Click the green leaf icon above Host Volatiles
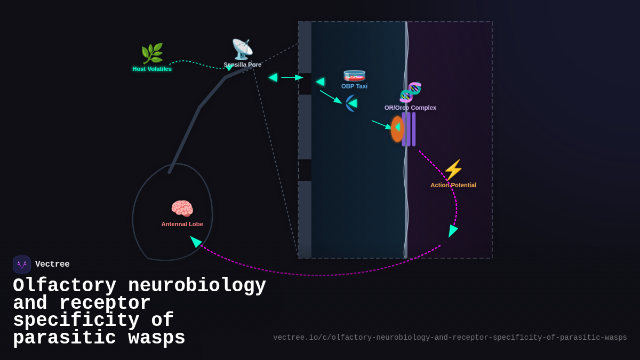[x=152, y=53]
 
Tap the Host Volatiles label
[x=152, y=69]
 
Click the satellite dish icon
[x=242, y=49]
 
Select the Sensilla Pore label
[x=242, y=65]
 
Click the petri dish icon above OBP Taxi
[x=354, y=75]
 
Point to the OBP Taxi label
[x=354, y=86]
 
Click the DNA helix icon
[x=410, y=92]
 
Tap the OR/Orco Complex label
[x=410, y=108]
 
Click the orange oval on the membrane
[x=397, y=129]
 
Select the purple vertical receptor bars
[x=409, y=129]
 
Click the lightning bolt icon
[x=453, y=170]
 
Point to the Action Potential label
[x=453, y=185]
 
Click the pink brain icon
[x=182, y=209]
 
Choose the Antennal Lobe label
[x=182, y=224]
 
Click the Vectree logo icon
[x=22, y=265]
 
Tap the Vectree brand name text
[x=52, y=265]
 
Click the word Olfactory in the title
[x=65, y=286]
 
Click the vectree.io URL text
[x=450, y=338]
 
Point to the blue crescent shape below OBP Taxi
[x=349, y=103]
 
